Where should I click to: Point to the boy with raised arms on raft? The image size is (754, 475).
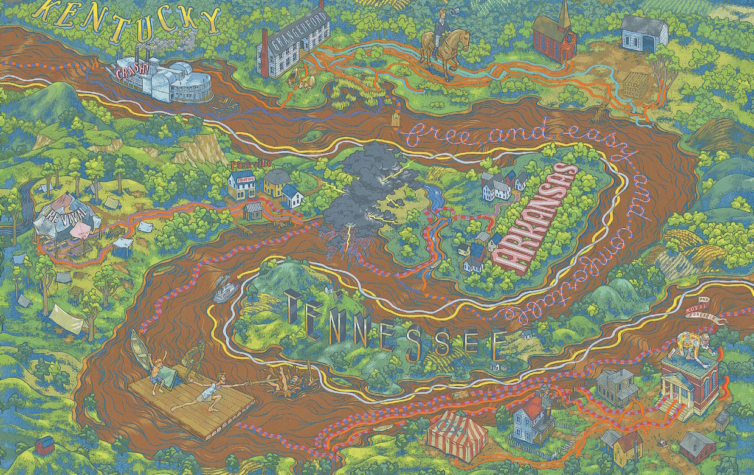pos(157,369)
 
